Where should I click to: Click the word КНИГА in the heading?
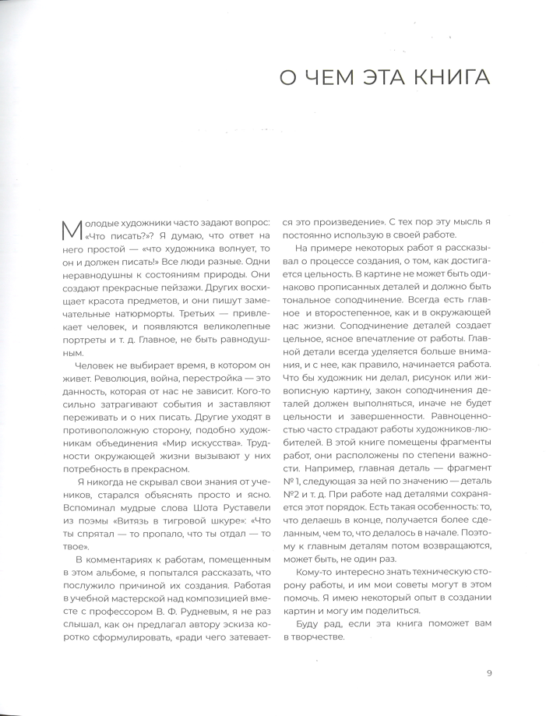(x=450, y=79)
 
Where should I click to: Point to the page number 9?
(x=489, y=674)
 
